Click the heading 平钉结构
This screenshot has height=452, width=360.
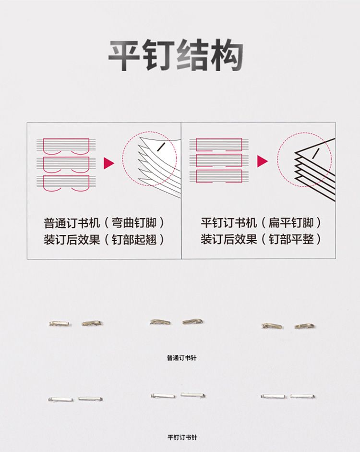(176, 55)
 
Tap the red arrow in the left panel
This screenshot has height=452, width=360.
(109, 163)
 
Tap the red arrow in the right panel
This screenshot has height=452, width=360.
(263, 161)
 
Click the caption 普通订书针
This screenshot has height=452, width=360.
(182, 358)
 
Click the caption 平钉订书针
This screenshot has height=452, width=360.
(182, 437)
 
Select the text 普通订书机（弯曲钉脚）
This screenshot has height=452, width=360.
(104, 223)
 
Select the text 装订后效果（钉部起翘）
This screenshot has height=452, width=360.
(104, 240)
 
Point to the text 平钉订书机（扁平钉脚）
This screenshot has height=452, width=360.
(261, 222)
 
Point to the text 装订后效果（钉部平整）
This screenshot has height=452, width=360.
(261, 239)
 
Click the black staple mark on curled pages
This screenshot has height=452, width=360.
(161, 147)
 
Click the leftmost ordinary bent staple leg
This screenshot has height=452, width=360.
(60, 324)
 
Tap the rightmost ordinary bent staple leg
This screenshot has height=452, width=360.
(305, 326)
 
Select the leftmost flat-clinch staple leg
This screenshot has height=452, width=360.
(61, 400)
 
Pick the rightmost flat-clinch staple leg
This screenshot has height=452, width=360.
(302, 396)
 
